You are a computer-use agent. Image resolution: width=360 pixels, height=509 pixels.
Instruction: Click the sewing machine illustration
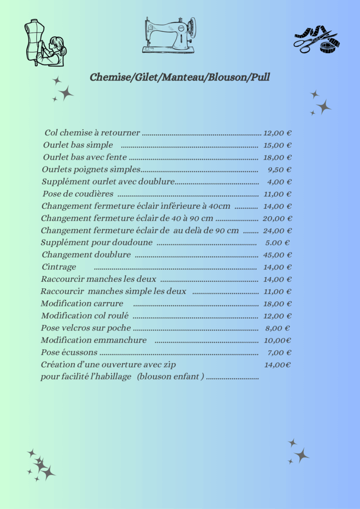[x=170, y=35]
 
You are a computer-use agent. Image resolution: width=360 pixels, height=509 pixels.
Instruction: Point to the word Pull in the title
[x=261, y=77]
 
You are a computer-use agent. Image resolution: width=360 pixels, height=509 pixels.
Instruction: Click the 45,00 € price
[x=277, y=255]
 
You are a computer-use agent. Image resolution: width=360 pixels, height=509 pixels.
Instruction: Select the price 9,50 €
[x=279, y=170]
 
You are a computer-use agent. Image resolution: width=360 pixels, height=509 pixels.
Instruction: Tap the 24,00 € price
[x=277, y=231]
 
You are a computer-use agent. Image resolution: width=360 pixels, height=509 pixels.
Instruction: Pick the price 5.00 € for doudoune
[x=277, y=243]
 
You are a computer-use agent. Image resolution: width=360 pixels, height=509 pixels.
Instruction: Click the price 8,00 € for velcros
[x=277, y=328]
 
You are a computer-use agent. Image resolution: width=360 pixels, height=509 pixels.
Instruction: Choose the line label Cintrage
[x=59, y=267]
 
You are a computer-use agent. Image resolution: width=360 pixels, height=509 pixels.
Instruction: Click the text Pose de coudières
[x=78, y=194]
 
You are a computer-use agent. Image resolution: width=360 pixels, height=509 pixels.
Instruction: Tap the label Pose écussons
[x=69, y=352]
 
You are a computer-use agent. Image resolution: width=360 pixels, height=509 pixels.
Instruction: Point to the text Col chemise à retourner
[x=92, y=133]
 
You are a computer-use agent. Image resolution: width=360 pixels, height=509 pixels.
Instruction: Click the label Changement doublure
[x=86, y=255]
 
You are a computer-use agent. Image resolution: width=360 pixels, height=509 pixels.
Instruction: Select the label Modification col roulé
[x=85, y=316]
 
